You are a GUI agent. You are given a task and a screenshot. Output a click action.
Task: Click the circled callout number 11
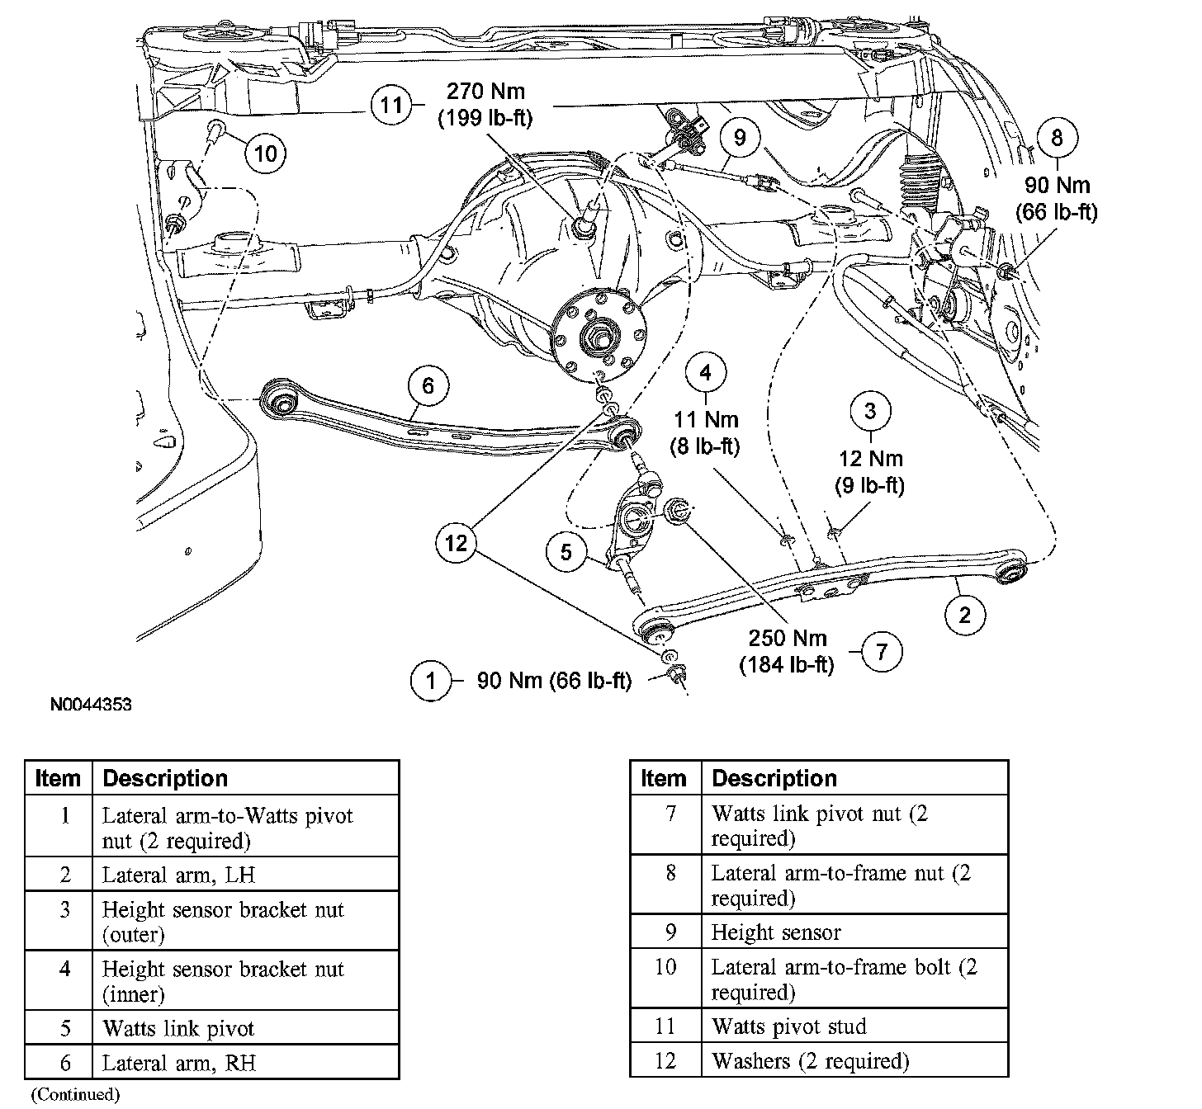(x=390, y=105)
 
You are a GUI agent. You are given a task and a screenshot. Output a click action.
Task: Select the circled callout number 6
(x=427, y=386)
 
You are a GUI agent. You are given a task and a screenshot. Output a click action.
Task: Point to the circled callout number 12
(x=456, y=542)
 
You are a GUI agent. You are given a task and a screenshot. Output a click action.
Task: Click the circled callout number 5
(x=566, y=550)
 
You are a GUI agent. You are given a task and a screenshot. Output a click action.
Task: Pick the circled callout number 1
(x=431, y=681)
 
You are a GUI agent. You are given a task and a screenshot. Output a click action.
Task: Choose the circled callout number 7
(x=882, y=652)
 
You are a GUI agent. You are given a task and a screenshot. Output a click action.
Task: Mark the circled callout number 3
(x=871, y=411)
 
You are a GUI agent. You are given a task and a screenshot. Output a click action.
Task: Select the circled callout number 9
(x=739, y=137)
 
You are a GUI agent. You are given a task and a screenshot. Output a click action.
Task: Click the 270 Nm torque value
(x=485, y=91)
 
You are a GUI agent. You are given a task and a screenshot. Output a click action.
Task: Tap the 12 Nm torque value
(x=871, y=459)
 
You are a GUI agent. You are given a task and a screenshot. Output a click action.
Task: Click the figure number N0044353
(x=91, y=706)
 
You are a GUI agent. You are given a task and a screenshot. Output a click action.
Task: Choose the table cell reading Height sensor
(x=776, y=932)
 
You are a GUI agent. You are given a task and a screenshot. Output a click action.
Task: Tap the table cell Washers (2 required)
(x=810, y=1060)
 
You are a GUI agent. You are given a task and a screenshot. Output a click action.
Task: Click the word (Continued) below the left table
(x=76, y=1094)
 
